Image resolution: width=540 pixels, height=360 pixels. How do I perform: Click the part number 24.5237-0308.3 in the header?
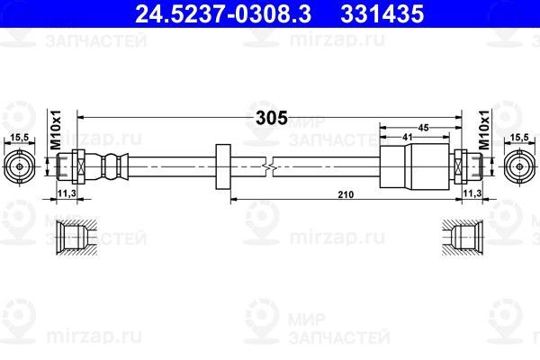(223, 13)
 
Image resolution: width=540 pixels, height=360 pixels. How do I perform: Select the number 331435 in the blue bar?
(382, 13)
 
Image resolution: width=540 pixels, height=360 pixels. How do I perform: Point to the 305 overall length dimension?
(272, 118)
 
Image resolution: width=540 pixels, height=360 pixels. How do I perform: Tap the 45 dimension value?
(423, 128)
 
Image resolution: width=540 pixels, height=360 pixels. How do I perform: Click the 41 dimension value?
(408, 137)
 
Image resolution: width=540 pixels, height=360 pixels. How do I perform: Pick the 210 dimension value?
(346, 194)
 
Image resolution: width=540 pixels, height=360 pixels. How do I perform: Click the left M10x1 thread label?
(56, 130)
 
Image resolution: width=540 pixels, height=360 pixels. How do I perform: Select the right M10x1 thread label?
(484, 130)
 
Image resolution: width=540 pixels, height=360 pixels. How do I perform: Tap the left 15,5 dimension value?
(19, 137)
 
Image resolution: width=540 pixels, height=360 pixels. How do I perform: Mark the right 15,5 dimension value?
(519, 137)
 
